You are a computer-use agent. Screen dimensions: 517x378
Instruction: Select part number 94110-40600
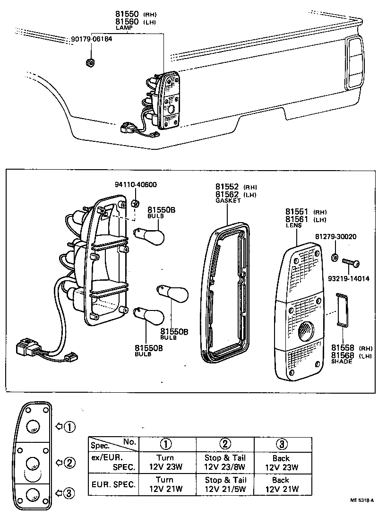pos(136,184)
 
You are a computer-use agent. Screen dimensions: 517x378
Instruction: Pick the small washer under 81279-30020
pos(335,258)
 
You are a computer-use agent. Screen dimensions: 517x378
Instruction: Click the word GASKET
pos(228,201)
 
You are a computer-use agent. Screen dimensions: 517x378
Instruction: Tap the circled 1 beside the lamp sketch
pos(69,427)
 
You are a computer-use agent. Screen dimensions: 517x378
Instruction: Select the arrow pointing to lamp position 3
pos(59,493)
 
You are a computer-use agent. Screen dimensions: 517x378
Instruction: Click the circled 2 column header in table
pos(225,444)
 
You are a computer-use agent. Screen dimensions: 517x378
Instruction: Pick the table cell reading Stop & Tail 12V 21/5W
pos(225,484)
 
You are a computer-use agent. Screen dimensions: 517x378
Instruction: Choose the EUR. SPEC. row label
pos(113,484)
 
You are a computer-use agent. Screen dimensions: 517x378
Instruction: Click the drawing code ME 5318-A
pos(362,500)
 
